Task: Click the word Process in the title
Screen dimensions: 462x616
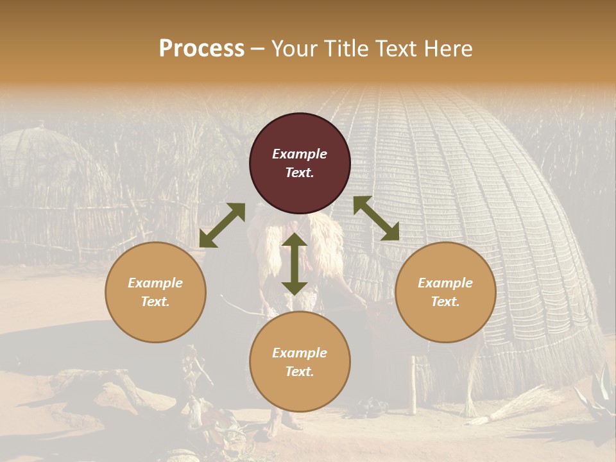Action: tap(201, 49)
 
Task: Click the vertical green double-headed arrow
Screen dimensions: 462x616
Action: tap(295, 264)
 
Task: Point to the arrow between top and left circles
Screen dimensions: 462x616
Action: tap(222, 225)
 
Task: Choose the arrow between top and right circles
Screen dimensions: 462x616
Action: tap(376, 218)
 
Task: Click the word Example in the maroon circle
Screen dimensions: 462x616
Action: tap(300, 154)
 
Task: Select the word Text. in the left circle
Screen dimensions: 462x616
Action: tap(155, 302)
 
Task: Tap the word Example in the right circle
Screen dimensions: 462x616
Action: tap(445, 283)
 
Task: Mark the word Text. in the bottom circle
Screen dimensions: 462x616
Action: tap(300, 372)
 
